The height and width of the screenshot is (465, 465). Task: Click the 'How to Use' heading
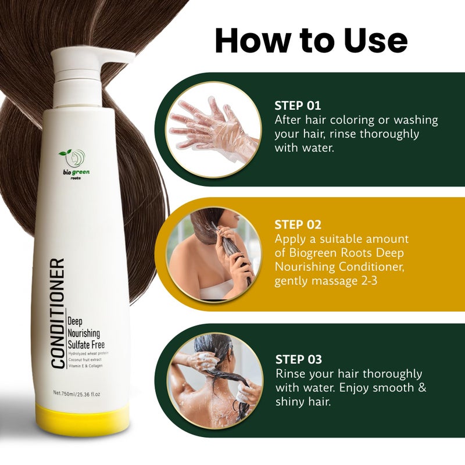point(311,41)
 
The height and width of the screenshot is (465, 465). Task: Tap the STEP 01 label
point(298,106)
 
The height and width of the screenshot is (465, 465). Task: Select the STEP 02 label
point(298,224)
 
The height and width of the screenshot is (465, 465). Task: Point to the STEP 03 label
point(298,359)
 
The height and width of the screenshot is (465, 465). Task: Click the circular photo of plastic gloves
point(214,129)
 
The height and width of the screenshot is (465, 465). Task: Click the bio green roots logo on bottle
point(74,163)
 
